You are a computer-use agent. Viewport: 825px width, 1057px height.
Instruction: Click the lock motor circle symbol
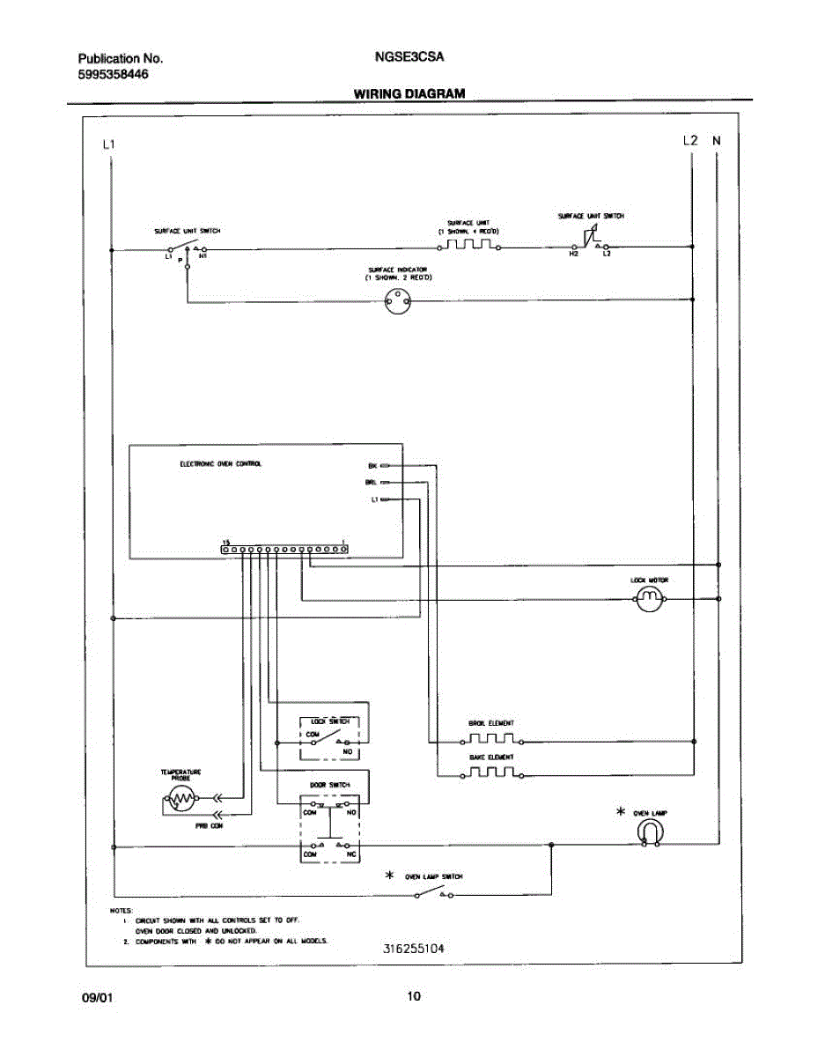(649, 600)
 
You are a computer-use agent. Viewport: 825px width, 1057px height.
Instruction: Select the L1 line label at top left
(108, 144)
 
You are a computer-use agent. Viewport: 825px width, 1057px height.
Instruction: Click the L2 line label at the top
(690, 140)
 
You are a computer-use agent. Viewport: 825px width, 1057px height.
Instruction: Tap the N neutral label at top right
(717, 140)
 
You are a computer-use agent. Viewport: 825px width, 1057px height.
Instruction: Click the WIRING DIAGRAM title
(409, 92)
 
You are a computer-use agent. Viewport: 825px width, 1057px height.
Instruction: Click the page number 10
(413, 997)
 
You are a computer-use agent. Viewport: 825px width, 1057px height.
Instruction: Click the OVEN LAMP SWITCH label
(434, 876)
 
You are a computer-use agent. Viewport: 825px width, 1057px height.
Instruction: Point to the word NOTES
(122, 909)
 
